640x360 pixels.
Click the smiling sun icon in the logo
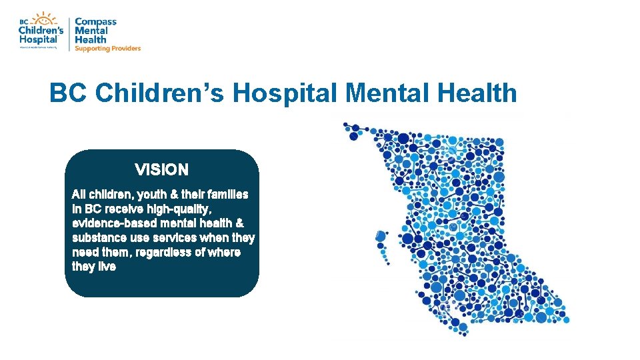44,18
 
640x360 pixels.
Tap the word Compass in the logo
95,22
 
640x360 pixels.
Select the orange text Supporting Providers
107,49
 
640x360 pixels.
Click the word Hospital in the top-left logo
38,39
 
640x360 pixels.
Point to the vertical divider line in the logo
69,31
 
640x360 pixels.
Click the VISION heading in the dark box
161,170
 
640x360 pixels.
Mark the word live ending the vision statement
107,267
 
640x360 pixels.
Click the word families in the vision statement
226,195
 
